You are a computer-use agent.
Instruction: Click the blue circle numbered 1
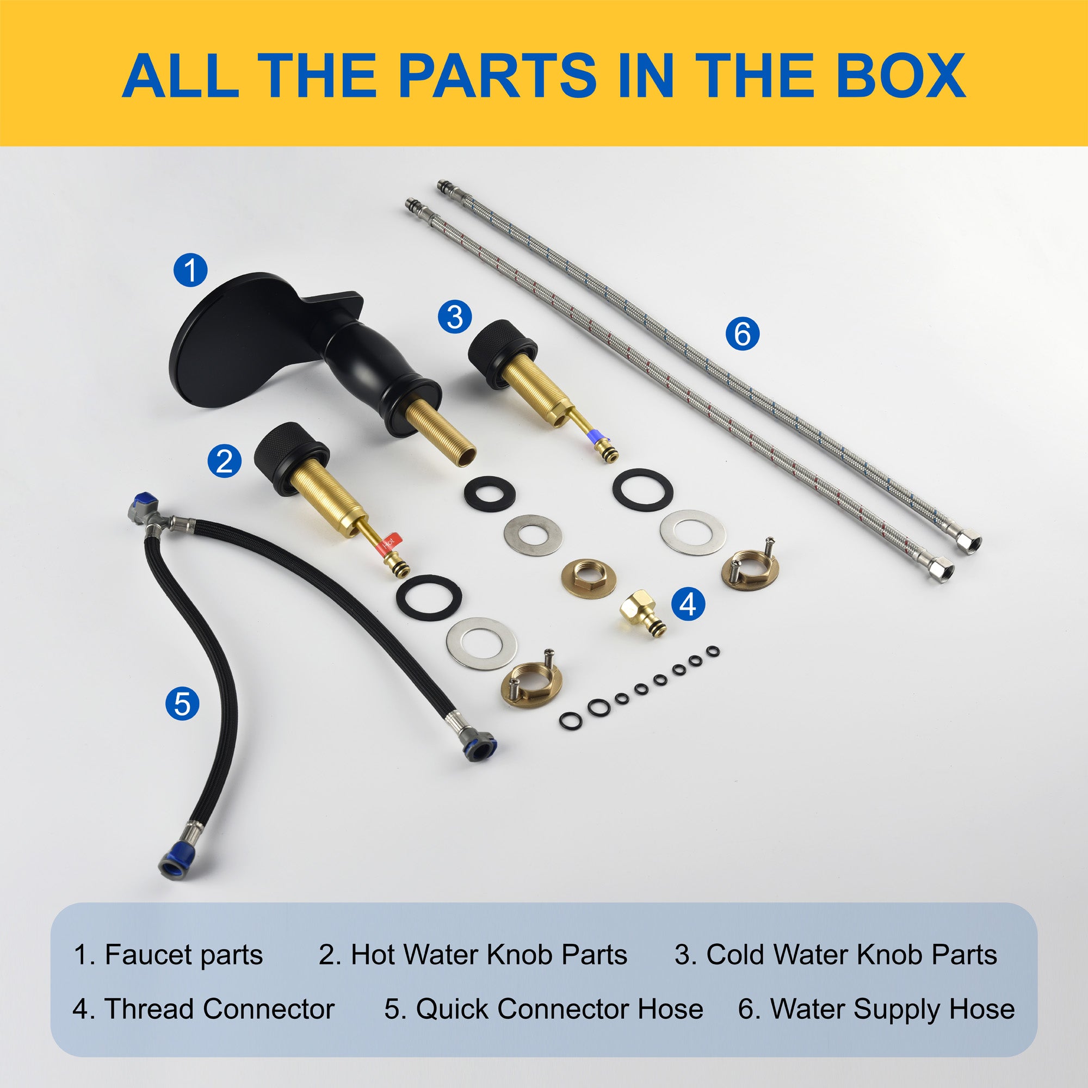click(x=190, y=269)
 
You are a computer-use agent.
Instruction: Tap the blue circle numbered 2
click(x=224, y=461)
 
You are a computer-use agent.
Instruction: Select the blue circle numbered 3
click(x=455, y=317)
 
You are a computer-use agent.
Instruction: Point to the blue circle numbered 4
click(x=688, y=604)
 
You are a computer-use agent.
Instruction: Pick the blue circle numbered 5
click(x=182, y=703)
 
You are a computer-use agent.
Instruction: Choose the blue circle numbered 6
click(x=742, y=333)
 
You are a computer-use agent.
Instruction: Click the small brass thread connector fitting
click(x=643, y=613)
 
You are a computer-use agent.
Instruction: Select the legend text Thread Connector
click(x=220, y=1009)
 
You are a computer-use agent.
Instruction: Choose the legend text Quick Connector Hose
click(x=560, y=1009)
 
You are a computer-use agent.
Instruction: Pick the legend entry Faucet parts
click(x=169, y=955)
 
